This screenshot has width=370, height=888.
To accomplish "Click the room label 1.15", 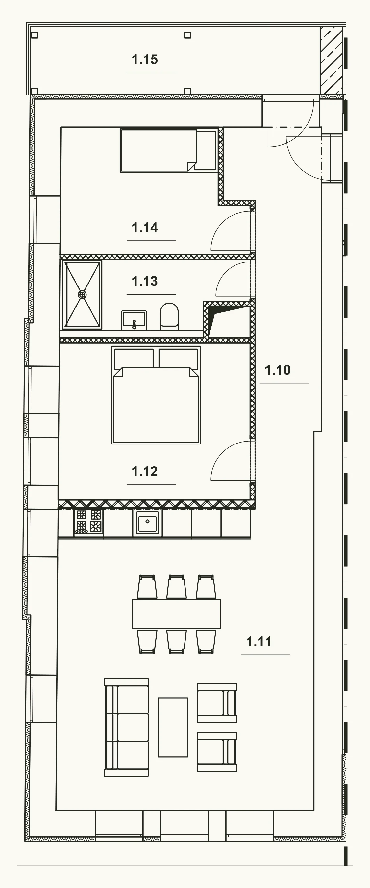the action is [x=145, y=60].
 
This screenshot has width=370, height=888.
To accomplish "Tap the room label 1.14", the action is [x=145, y=228].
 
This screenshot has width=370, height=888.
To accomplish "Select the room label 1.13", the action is [x=145, y=281].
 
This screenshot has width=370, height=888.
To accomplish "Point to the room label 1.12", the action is [x=145, y=471].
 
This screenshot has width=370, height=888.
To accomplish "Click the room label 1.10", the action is [x=278, y=370].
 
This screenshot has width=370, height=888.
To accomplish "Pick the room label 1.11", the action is [x=259, y=642].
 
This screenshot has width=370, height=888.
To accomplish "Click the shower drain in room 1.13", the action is [x=82, y=295].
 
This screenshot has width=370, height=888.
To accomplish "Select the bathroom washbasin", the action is [x=134, y=320].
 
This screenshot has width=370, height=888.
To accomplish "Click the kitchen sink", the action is [x=147, y=522].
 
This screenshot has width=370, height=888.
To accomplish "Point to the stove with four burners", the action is [x=89, y=523].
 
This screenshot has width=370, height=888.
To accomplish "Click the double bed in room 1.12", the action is [x=156, y=395].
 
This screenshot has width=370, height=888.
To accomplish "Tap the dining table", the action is [x=176, y=614].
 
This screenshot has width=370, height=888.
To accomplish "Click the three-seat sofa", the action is [x=126, y=727].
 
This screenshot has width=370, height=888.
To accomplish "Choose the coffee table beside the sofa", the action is [x=173, y=727].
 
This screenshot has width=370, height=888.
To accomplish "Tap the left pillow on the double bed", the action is [x=134, y=358].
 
